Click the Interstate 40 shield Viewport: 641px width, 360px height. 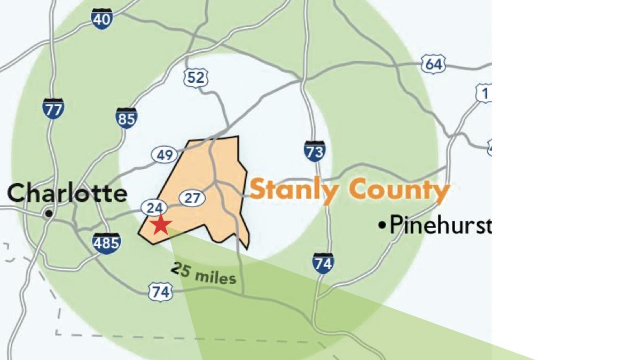click(x=101, y=19)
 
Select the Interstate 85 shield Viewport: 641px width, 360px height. click(x=127, y=118)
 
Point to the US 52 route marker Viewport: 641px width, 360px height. click(x=196, y=78)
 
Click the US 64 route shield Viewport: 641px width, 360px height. click(x=433, y=65)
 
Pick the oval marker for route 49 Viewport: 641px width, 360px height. click(x=165, y=155)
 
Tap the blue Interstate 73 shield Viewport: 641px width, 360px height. click(x=315, y=151)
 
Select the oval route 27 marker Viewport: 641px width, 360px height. click(x=192, y=198)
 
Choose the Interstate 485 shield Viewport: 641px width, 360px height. click(x=106, y=243)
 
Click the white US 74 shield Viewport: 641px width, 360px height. click(x=160, y=292)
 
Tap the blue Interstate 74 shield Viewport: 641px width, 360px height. click(x=323, y=263)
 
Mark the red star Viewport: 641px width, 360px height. click(x=160, y=225)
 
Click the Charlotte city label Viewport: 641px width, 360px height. click(x=67, y=193)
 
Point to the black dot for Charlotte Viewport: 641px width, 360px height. click(x=49, y=214)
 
